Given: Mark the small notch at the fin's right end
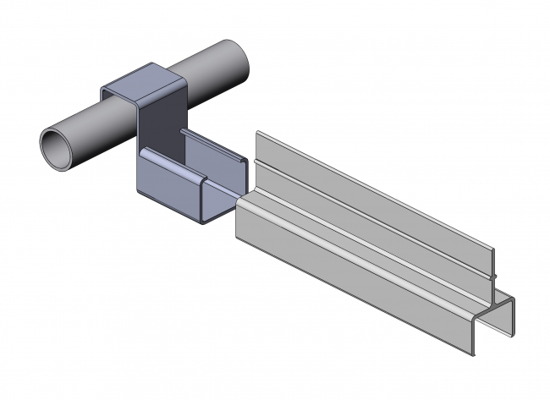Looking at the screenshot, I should click(492, 275).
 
